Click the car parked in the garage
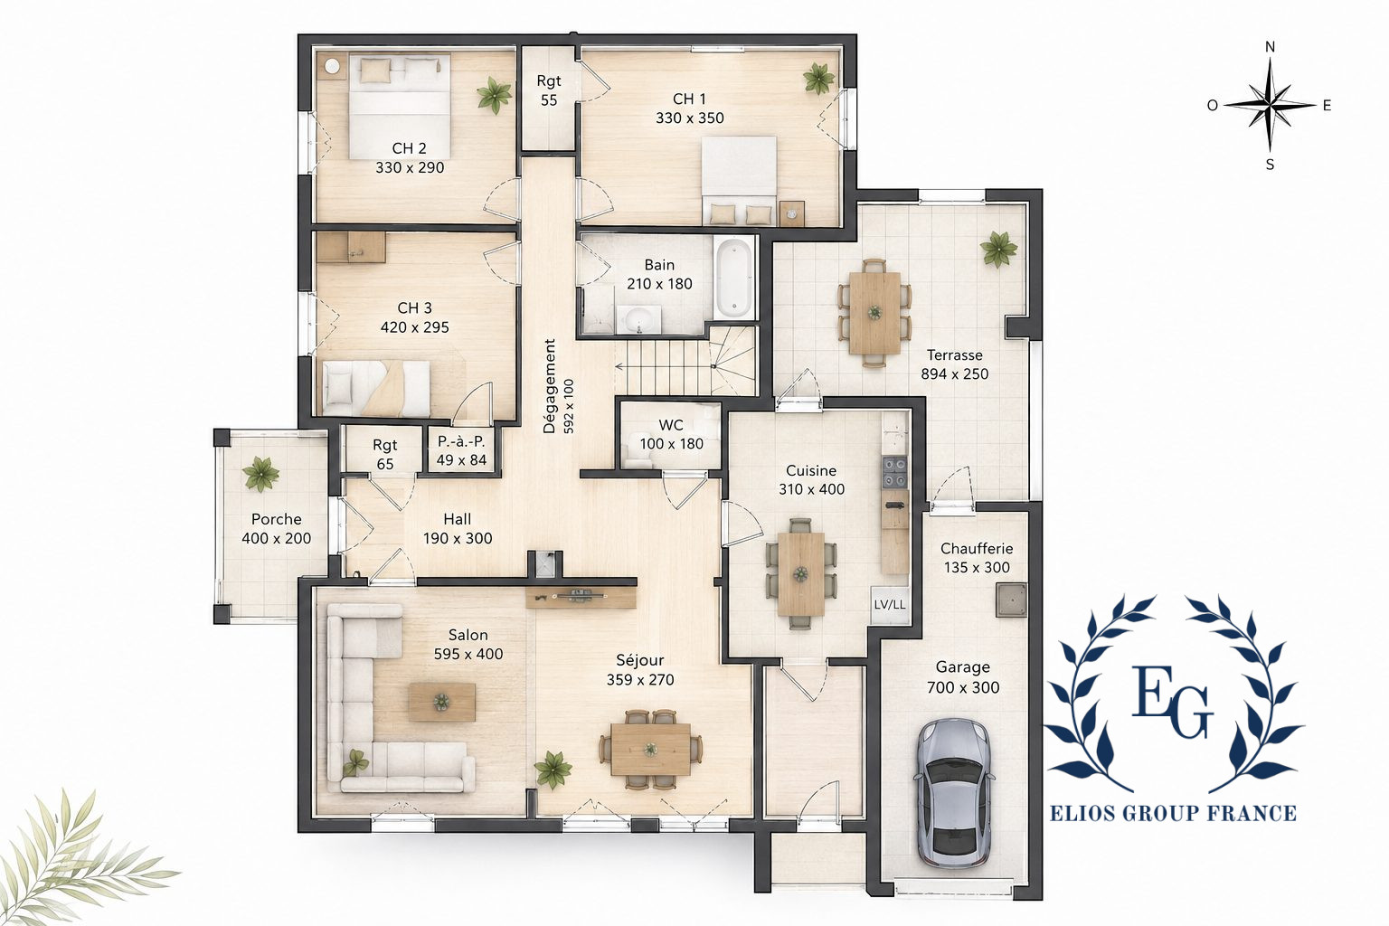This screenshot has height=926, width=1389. pos(953,793)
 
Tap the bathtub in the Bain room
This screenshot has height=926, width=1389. pos(734,278)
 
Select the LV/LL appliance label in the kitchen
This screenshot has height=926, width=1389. pos(889,604)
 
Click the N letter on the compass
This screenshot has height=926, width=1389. pos(1270,47)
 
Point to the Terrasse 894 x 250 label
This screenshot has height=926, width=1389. pos(954,364)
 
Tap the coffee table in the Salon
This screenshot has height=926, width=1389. pos(441,702)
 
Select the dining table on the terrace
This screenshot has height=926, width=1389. pos(874,313)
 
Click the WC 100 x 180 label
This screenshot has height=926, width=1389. pos(671,434)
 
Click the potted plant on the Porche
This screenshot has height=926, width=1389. pos(260,475)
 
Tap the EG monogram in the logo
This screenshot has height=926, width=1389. pos(1172,701)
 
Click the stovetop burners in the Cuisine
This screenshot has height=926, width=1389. pos(894,472)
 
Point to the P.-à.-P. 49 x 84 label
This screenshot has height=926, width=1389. pos(461,451)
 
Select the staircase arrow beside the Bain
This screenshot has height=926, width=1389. pos(665,366)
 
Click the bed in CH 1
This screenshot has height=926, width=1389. pos(739,181)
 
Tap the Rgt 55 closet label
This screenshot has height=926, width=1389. pos(549,90)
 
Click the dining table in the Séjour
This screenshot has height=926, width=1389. pos(650,750)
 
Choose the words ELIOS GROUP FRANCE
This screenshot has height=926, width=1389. pos(1173,813)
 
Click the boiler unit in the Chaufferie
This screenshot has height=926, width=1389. pos(1011,600)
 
